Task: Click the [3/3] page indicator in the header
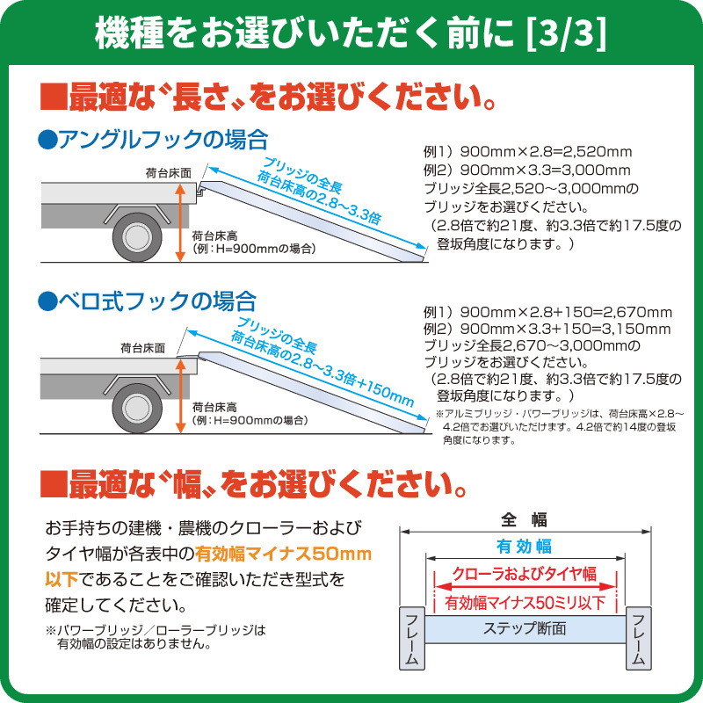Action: pyautogui.click(x=566, y=34)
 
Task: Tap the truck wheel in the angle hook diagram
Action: pyautogui.click(x=137, y=236)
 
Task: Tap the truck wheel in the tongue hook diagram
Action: pyautogui.click(x=137, y=408)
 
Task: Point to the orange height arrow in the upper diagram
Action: pyautogui.click(x=180, y=222)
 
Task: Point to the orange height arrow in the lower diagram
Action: pyautogui.click(x=180, y=396)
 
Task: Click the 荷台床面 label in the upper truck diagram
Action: pyautogui.click(x=169, y=173)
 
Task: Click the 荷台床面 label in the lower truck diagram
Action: pyautogui.click(x=143, y=348)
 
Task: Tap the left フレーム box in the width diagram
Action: pyautogui.click(x=411, y=639)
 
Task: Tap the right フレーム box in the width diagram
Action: pyautogui.click(x=639, y=639)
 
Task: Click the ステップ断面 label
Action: pyautogui.click(x=525, y=628)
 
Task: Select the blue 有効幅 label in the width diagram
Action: pyautogui.click(x=524, y=547)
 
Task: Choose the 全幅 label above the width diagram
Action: pyautogui.click(x=524, y=519)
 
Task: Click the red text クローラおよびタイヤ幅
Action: pyautogui.click(x=524, y=574)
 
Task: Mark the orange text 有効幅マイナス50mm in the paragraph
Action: pyautogui.click(x=283, y=554)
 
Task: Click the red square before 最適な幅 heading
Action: pyautogui.click(x=54, y=484)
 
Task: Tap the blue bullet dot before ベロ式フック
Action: pyautogui.click(x=48, y=301)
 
